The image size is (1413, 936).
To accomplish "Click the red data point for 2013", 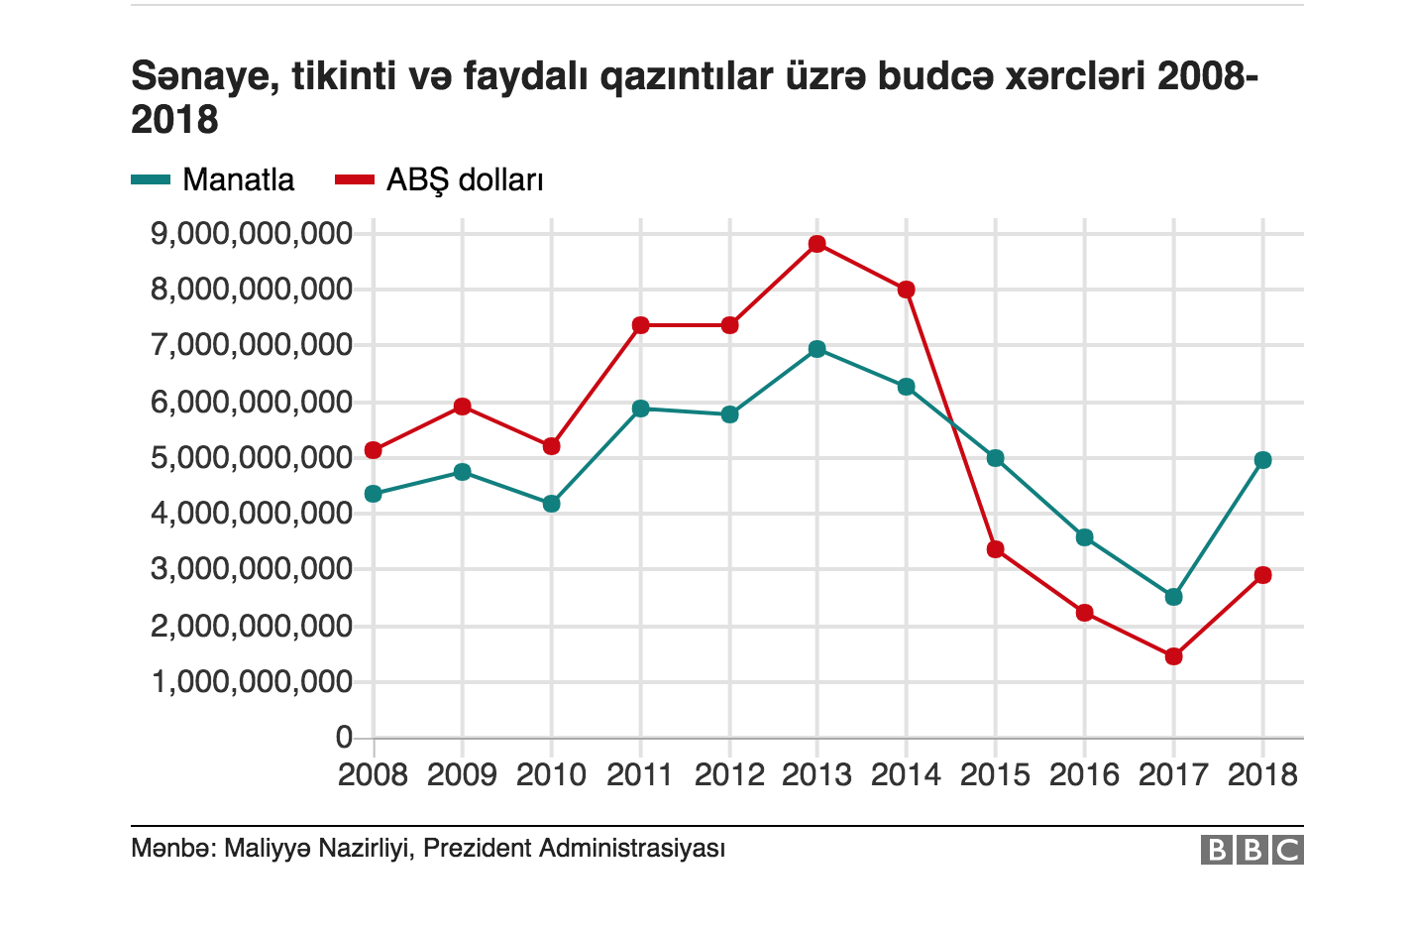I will (817, 244).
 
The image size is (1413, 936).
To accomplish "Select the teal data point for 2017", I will (1174, 597).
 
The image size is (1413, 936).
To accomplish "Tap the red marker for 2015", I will (996, 549).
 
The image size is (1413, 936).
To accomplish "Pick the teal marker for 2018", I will (1263, 460).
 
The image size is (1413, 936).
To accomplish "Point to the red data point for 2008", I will (374, 450).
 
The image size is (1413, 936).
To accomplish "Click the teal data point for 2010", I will (552, 504).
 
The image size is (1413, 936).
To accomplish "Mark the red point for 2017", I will (1174, 656).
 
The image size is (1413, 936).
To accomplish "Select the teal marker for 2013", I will (817, 349).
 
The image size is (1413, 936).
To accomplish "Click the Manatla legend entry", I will (238, 179).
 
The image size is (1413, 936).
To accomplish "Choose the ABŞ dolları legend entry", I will (464, 179).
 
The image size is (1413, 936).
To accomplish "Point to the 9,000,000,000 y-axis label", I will (252, 234).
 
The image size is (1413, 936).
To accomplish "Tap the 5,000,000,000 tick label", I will (252, 458).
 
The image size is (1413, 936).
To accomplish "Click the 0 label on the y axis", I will (344, 737).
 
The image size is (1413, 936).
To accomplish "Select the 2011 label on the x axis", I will (640, 774).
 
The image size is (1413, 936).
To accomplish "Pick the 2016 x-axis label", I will (1084, 774).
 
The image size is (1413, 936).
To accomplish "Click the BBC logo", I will (1252, 850).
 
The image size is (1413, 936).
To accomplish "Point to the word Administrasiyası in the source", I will (632, 849).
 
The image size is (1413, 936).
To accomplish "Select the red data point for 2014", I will (906, 290).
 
